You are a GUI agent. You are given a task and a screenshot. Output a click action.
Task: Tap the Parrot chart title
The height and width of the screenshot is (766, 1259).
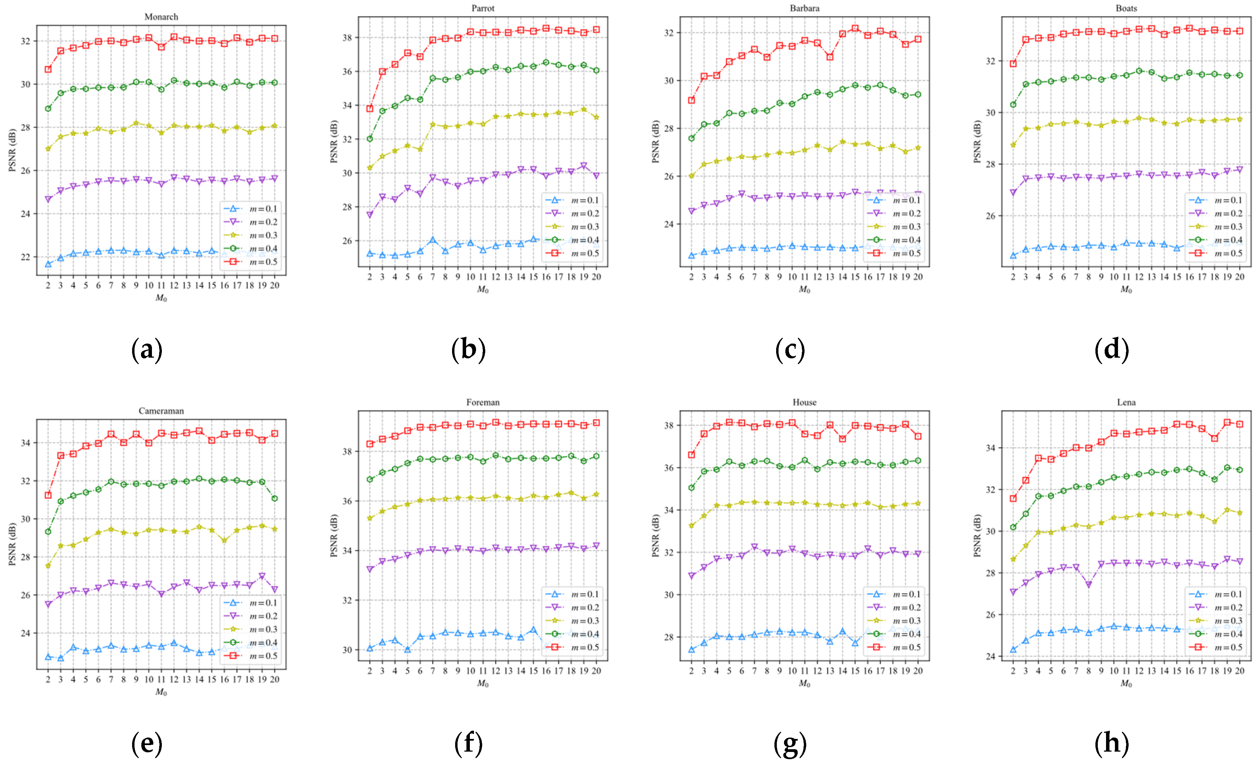[x=483, y=8]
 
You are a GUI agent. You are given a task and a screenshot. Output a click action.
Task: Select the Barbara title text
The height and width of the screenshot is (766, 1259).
[x=804, y=8]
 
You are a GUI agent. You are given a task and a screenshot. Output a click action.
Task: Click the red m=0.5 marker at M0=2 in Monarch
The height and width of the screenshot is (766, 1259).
[x=48, y=69]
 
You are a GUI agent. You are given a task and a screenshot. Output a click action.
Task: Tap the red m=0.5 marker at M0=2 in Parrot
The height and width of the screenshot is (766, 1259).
[x=370, y=108]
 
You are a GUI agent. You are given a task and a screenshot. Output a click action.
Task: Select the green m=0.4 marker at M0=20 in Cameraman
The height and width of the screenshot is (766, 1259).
[x=274, y=498]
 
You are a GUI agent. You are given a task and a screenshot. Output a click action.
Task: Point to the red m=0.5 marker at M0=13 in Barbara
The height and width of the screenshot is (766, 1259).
[x=830, y=57]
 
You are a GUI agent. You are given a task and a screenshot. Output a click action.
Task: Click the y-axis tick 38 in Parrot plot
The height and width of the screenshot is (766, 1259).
[x=347, y=37]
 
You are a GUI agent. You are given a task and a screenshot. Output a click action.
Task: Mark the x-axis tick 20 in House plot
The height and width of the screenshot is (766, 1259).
[x=918, y=671]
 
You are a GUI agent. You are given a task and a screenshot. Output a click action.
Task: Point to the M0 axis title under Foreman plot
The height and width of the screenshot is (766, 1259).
[x=483, y=684]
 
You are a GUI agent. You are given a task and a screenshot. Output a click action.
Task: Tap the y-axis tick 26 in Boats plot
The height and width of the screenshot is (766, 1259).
[x=990, y=216]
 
